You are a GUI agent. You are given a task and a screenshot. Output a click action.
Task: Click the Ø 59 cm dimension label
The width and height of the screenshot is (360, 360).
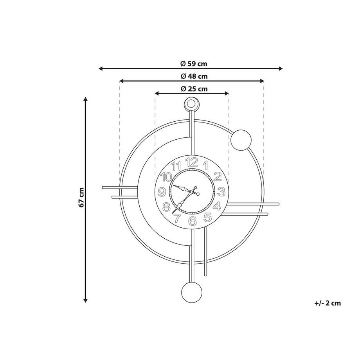click(194, 64)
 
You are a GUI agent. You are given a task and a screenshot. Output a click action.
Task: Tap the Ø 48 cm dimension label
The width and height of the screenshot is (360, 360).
click(194, 76)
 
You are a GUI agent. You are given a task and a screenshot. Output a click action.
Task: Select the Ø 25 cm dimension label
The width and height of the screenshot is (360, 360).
click(194, 88)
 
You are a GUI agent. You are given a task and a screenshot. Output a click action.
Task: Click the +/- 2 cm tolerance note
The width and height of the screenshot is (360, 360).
click(328, 303)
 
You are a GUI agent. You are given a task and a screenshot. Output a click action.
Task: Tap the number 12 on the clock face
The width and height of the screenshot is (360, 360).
click(192, 162)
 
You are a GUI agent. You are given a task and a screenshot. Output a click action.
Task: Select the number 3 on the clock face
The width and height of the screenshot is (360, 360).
click(221, 192)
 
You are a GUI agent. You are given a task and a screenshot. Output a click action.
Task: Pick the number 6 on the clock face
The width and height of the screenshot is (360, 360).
click(192, 221)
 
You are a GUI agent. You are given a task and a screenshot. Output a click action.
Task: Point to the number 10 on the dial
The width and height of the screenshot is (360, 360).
click(166, 176)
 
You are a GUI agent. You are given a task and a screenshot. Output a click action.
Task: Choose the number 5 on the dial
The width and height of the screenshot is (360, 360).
click(208, 217)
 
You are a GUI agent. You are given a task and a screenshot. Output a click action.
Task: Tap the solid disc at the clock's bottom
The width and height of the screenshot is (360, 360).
click(192, 293)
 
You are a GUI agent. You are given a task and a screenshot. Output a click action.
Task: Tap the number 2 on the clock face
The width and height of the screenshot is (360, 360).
click(218, 176)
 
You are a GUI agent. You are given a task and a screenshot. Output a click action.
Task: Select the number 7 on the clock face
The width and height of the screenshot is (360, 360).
click(177, 218)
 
